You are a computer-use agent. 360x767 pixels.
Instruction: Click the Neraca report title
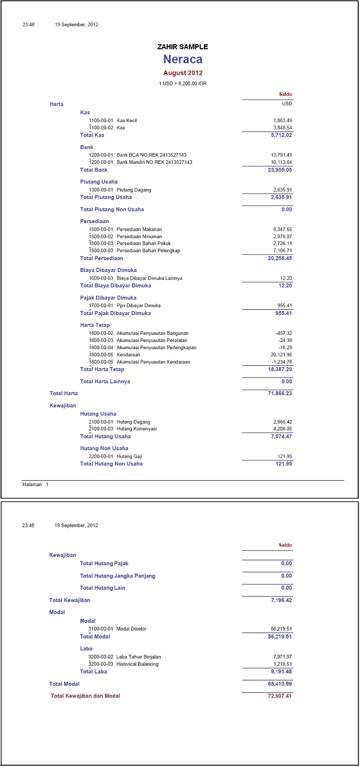(x=183, y=59)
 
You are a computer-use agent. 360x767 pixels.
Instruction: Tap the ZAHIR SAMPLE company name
(x=183, y=47)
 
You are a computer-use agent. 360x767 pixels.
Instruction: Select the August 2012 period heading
(x=183, y=73)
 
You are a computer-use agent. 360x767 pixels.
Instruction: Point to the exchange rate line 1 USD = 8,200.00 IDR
(x=183, y=83)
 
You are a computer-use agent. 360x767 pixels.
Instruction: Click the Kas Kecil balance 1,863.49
(x=282, y=120)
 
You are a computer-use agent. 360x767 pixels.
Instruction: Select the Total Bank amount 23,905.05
(x=280, y=170)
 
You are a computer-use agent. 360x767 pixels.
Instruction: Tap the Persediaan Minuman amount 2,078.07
(x=282, y=237)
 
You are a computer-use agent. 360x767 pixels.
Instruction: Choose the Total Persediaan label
(x=101, y=258)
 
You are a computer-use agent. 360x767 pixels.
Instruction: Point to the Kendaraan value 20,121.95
(x=281, y=355)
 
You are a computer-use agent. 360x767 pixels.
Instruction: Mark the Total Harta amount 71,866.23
(x=280, y=393)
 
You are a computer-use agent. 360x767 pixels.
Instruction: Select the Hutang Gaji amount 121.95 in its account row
(x=285, y=456)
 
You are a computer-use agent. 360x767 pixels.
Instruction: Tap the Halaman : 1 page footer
(x=35, y=485)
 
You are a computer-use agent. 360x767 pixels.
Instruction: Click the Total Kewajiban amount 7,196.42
(x=281, y=600)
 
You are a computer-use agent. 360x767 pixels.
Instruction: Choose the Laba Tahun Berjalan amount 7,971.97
(x=282, y=657)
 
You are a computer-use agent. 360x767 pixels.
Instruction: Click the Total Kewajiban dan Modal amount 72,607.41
(x=280, y=696)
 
